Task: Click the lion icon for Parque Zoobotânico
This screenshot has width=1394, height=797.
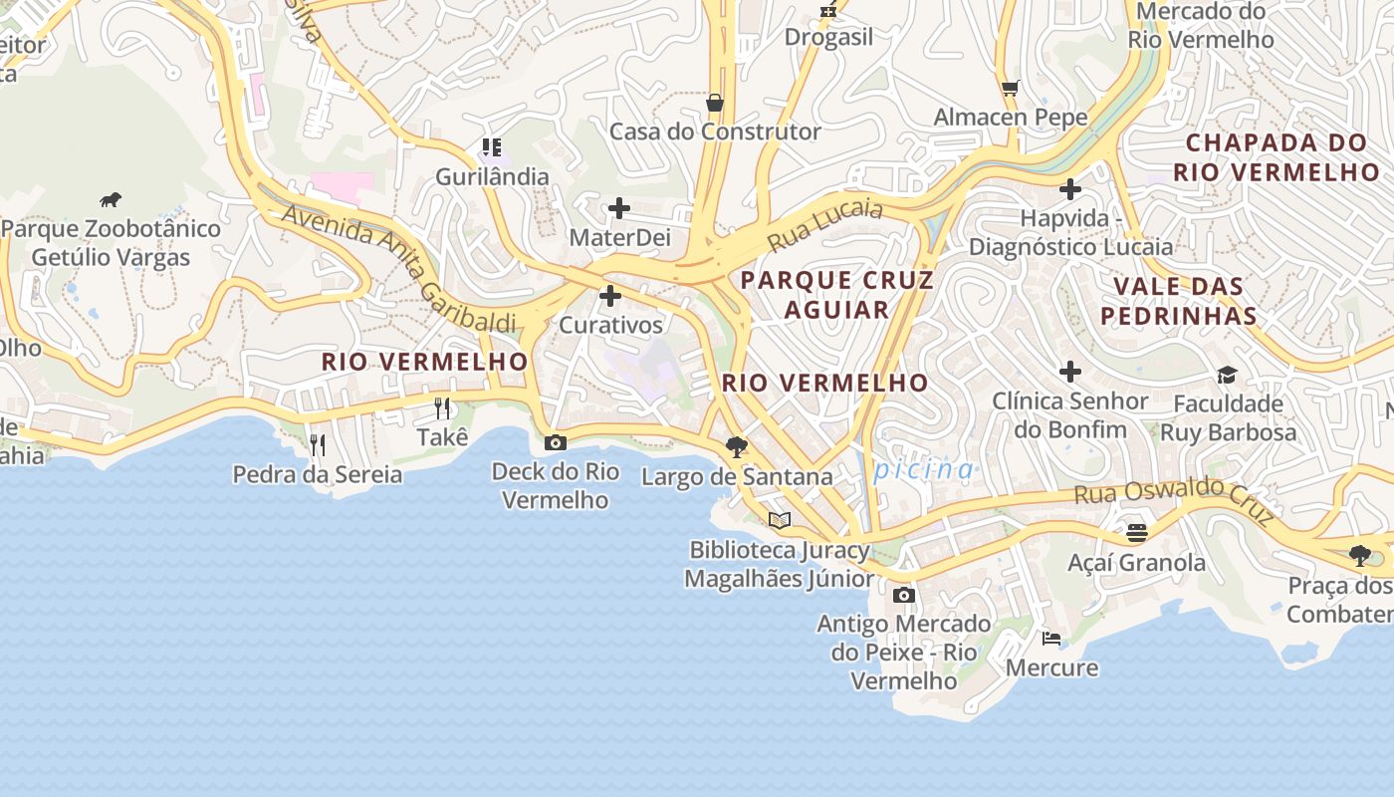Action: point(111,200)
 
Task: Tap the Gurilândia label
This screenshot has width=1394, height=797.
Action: point(492,176)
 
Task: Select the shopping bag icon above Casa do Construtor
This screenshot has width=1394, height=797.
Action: point(714,103)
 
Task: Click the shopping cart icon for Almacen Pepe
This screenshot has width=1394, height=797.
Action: point(1010,88)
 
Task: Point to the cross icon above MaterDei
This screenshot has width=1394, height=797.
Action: point(619,208)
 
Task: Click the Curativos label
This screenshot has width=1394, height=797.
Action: point(610,325)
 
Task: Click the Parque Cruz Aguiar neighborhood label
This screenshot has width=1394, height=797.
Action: point(836,294)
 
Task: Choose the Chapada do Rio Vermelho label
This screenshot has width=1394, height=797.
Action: point(1276,157)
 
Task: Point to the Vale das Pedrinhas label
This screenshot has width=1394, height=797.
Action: point(1185,301)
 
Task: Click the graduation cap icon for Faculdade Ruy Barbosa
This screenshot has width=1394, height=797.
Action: point(1227,375)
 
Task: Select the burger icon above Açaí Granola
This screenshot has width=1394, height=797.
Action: point(1136,533)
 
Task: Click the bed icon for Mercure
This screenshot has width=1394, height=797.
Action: point(1050,638)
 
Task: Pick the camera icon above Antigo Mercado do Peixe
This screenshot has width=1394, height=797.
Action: point(903,595)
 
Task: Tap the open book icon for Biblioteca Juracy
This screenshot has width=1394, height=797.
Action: point(780,520)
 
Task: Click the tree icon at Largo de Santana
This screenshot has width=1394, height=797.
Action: point(737,446)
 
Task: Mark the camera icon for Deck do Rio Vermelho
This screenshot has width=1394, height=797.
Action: point(555,442)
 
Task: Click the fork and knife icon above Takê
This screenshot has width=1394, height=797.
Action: point(442,407)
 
